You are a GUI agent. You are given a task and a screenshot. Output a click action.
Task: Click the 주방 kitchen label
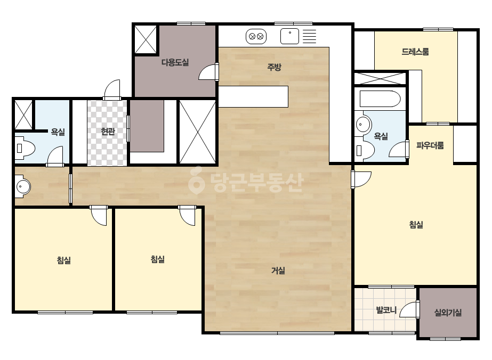coord(274,67)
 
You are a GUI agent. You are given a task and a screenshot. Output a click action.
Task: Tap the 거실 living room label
coord(278,271)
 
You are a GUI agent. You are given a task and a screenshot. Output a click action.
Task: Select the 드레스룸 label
coord(415,52)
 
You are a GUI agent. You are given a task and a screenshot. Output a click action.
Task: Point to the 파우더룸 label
coord(430,145)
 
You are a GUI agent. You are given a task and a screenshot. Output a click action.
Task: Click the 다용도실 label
coord(175,62)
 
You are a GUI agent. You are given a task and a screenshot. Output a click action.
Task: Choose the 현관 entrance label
coord(108,132)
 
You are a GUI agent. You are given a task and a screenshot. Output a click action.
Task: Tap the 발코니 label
coord(386,310)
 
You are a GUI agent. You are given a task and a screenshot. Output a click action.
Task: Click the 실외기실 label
coord(448,312)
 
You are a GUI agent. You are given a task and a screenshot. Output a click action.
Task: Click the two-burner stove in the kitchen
coord(256,36)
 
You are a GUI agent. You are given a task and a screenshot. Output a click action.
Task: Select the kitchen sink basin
coord(289,36)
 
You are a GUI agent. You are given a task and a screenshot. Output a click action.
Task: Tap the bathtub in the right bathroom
coord(380,99)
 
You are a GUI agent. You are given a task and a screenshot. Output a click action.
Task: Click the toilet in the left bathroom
coord(24,148)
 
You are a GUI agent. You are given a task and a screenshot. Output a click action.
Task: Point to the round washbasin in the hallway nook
coord(23,186)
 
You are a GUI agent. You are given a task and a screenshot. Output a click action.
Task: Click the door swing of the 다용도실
coord(207,72)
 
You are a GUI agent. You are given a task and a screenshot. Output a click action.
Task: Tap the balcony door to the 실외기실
coord(409,309)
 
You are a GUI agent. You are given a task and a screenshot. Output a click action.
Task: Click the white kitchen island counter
coord(253,96)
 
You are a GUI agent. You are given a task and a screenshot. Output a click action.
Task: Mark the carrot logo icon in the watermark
coord(196,180)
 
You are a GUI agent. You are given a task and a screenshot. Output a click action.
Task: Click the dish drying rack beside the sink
coord(309,36)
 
